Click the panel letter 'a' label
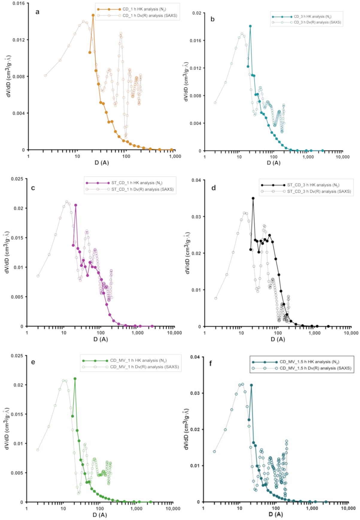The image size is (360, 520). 37,12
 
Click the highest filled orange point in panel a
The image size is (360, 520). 93,15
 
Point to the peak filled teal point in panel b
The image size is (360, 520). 250,26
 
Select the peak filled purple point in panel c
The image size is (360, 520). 76,205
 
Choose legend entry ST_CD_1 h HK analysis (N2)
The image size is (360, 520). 137,183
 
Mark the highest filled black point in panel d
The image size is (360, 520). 253,198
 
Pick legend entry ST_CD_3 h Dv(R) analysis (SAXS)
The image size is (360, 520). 319,191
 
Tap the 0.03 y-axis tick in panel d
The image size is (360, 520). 196,217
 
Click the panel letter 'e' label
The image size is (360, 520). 33,362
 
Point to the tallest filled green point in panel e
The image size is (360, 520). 75,379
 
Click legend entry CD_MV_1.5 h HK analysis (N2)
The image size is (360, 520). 309,362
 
